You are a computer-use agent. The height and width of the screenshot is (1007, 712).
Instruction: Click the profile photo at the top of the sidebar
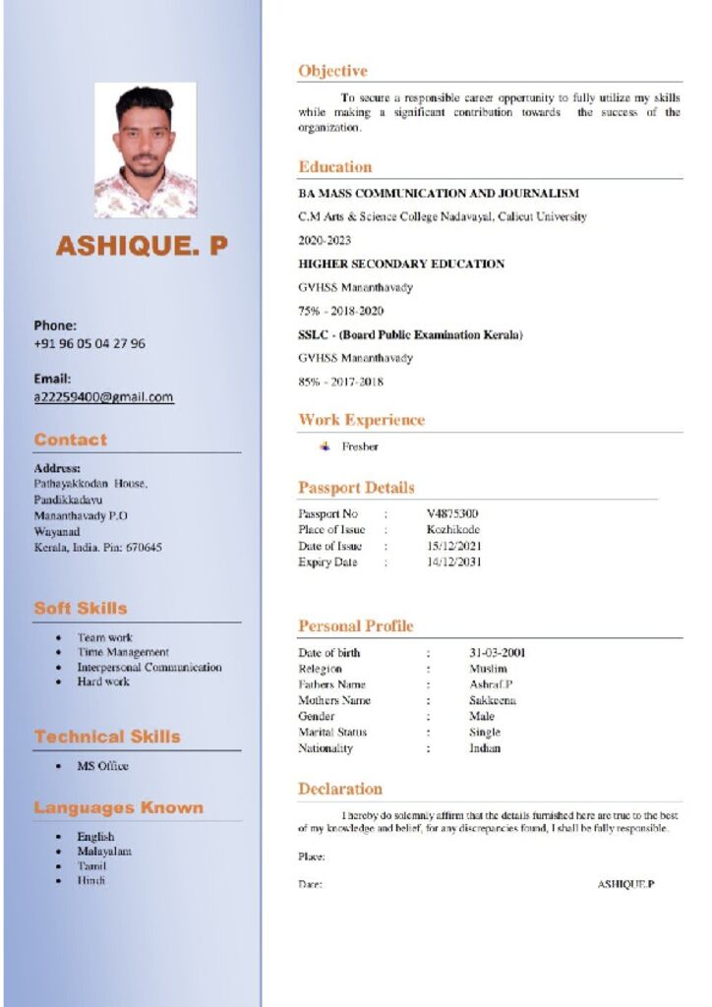point(146,149)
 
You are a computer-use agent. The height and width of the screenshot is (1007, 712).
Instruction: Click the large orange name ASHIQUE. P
point(142,246)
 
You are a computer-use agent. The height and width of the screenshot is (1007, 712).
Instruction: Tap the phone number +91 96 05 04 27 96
point(89,343)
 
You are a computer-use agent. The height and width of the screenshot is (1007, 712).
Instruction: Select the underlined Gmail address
point(103,397)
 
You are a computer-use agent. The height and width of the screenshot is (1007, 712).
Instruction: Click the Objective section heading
point(332,71)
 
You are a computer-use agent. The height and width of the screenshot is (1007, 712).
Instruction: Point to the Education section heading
point(335,166)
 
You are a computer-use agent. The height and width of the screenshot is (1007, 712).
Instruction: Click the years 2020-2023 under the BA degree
point(325,240)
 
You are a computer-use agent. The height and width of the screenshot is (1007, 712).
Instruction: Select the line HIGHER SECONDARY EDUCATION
point(401,264)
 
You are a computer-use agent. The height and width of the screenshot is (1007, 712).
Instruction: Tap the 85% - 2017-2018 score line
point(340,382)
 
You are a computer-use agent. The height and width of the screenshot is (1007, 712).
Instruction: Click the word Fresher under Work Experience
point(360,446)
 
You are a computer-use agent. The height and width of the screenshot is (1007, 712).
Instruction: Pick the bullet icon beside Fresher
point(326,446)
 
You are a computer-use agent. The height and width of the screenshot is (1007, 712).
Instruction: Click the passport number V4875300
point(452,513)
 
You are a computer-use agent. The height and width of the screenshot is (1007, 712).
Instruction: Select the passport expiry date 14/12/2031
point(454,563)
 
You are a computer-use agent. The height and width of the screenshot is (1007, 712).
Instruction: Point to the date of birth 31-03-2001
point(497,653)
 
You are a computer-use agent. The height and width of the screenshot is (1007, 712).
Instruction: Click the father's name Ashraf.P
point(491,684)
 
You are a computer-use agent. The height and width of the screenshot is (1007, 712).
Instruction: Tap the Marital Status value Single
point(485,732)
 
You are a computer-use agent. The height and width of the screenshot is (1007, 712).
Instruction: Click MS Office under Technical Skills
point(103,766)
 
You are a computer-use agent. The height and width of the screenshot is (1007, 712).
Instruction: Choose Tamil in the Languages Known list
point(91,866)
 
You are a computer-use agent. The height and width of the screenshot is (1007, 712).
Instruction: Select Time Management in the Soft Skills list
point(123,652)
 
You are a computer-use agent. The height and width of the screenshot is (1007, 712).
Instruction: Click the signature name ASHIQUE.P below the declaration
point(625,884)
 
